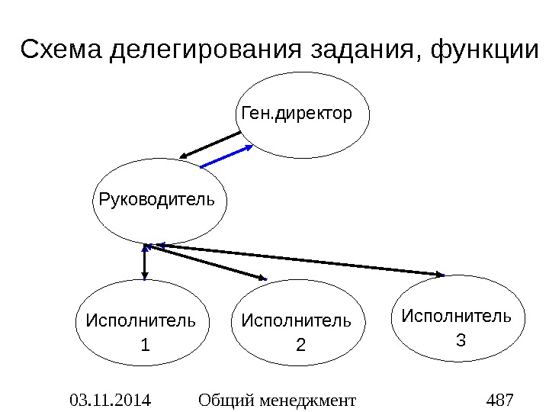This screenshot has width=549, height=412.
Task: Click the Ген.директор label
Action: pos(297,114)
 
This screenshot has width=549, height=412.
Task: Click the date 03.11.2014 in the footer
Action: pos(109,399)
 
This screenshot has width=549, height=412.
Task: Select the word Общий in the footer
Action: pos(226,399)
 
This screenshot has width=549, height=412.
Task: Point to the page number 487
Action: pos(499,399)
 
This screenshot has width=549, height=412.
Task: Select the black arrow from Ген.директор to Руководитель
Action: pos(211,143)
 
